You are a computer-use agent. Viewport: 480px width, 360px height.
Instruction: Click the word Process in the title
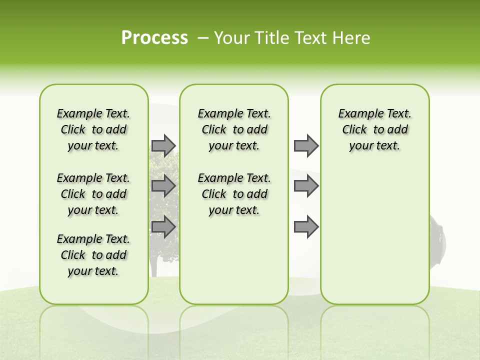click(154, 38)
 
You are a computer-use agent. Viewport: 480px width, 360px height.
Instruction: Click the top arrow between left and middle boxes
click(163, 145)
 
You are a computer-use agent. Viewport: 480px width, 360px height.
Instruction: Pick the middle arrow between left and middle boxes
click(163, 186)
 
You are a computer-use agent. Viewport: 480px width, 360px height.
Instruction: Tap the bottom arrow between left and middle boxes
click(163, 226)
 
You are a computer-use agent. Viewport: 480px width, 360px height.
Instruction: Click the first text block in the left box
click(93, 129)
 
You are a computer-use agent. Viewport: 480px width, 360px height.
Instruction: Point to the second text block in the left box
click(93, 194)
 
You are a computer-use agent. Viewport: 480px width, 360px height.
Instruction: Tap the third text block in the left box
click(93, 255)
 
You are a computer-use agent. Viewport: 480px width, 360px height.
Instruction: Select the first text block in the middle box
click(234, 129)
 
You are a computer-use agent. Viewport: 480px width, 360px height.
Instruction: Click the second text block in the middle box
click(234, 194)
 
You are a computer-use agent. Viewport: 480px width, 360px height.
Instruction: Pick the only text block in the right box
click(374, 129)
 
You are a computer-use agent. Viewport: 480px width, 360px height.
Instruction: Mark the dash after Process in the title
click(203, 38)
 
